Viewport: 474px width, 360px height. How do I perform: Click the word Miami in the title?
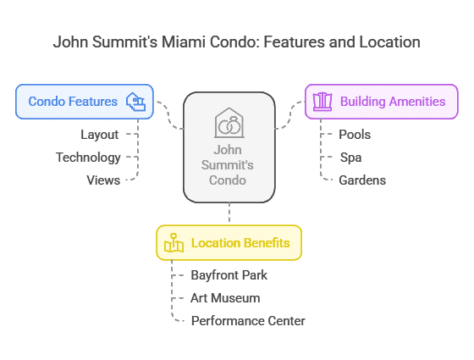184,42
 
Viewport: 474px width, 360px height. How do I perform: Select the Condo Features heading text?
73,102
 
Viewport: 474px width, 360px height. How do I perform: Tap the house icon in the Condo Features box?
135,102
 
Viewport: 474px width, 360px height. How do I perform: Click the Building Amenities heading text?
393,102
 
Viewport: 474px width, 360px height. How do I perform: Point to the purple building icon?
322,102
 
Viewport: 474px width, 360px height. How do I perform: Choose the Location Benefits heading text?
240,243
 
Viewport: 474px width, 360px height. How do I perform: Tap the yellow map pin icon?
174,242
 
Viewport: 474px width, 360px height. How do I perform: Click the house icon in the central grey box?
229,123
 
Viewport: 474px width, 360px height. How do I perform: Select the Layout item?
100,135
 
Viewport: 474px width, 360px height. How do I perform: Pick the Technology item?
88,158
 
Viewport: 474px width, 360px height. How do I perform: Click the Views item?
103,180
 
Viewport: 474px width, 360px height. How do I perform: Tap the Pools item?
355,135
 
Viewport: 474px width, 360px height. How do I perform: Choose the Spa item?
350,158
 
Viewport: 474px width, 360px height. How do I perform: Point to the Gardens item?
362,180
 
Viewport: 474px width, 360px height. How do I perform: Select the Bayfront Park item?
229,275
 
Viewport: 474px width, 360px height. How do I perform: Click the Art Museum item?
225,298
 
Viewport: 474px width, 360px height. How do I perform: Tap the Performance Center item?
248,321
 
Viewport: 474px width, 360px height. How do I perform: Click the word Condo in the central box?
228,180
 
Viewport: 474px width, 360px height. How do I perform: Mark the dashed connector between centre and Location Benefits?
229,213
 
